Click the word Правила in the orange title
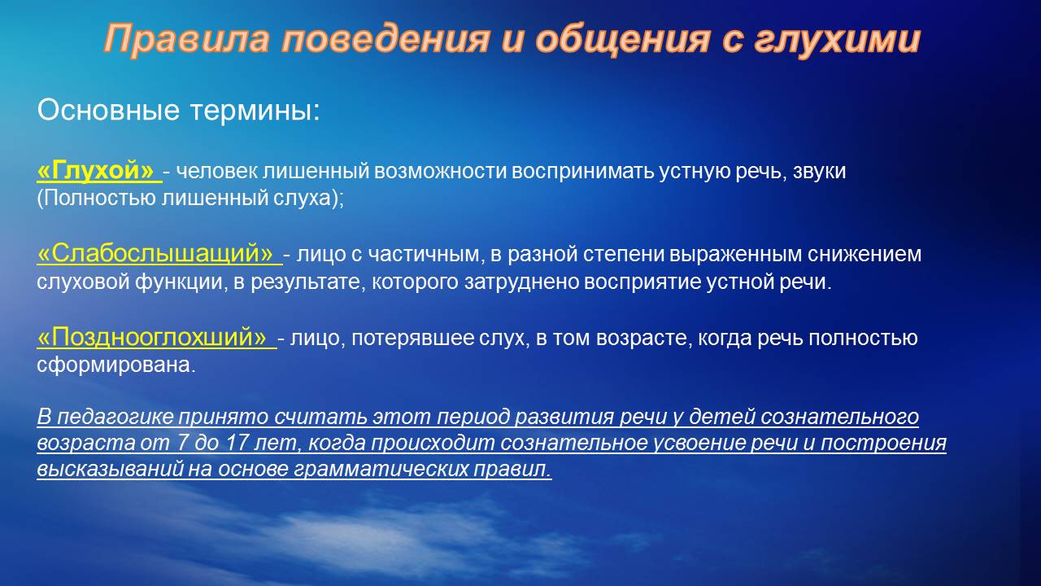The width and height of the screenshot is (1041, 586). coord(186,39)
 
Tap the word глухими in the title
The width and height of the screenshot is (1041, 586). coord(837,39)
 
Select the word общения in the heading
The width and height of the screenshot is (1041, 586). coord(622,39)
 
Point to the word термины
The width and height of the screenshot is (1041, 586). coord(255,111)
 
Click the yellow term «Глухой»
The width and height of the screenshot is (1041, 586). coord(95,170)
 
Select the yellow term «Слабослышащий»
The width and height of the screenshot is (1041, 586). coord(155,253)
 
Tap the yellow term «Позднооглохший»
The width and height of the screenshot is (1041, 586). coord(152,337)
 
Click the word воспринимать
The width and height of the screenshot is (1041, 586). coord(584,172)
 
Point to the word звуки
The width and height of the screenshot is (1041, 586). coord(819,171)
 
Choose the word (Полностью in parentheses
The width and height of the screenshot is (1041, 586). coord(96,198)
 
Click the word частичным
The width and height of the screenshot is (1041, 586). coord(424,255)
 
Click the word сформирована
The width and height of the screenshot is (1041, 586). coord(116,365)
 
